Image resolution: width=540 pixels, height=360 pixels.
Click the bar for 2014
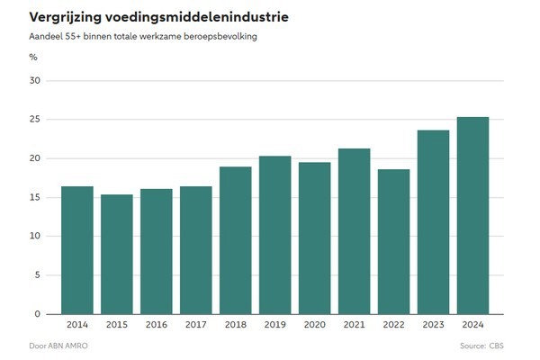coord(77,250)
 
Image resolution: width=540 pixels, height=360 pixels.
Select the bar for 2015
coord(117,254)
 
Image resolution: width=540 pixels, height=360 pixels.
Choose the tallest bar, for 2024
coord(472,215)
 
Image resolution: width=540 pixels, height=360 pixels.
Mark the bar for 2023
coord(433,222)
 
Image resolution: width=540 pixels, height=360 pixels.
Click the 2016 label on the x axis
coord(157,324)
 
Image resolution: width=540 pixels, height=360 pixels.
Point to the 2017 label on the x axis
coord(196,324)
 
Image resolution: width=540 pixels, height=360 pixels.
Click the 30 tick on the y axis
coord(36,81)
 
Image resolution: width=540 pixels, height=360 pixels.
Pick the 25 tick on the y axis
coord(36,120)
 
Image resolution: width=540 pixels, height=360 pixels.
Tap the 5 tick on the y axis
coord(39,275)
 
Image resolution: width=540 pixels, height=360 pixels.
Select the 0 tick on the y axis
coord(39,314)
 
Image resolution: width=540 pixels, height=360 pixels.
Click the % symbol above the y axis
coord(33,57)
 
